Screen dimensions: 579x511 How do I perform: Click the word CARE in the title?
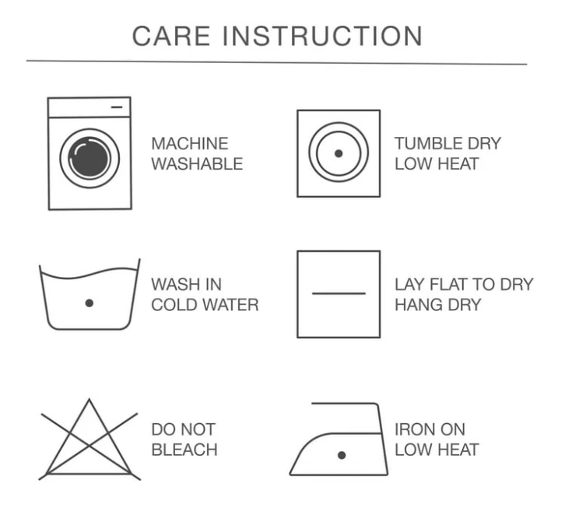coord(171,36)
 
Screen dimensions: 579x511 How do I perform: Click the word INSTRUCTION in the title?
coord(322,36)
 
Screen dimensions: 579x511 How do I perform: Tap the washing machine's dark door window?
coord(89,158)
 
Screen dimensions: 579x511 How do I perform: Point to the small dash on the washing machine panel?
coord(117,107)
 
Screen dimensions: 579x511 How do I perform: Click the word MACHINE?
coord(190,144)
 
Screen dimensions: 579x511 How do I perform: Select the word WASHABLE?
coord(197,164)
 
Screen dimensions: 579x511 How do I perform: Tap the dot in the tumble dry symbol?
coord(339,153)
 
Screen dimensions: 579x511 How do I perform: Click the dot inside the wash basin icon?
coord(89,303)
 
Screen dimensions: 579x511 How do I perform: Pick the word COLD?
coord(174,305)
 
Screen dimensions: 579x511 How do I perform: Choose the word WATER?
coord(231,305)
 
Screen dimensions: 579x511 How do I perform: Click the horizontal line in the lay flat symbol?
coord(339,294)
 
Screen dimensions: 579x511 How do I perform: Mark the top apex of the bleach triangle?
coord(89,399)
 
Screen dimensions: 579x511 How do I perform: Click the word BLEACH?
coord(184,450)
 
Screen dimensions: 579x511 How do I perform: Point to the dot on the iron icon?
coord(342,455)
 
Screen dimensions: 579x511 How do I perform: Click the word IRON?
coord(412,429)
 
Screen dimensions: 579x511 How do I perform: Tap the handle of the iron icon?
coord(346,404)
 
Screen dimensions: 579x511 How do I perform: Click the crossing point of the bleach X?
coord(89,446)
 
